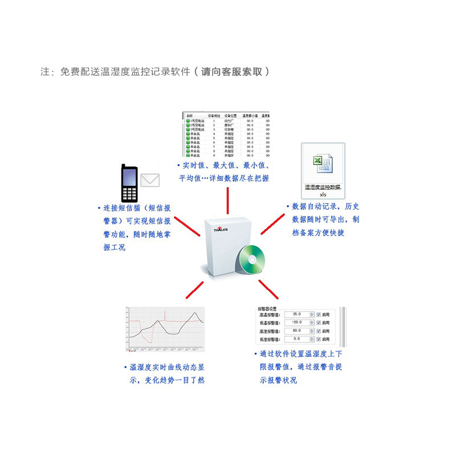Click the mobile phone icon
129,183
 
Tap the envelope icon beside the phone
150,180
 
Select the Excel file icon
322,164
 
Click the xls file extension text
323,194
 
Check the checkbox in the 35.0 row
319,314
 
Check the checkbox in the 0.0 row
319,340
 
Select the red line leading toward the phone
188,226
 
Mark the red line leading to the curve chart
194,290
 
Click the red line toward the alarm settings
267,288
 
